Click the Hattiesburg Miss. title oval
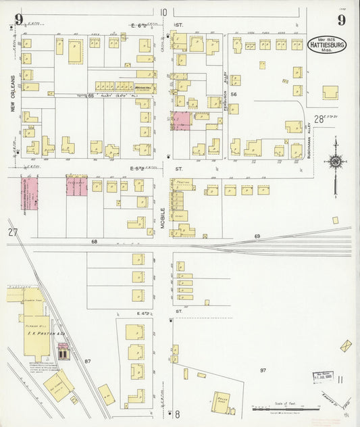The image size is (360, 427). coord(328,44)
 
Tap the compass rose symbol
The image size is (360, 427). coord(335,160)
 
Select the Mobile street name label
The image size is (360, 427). coord(163,219)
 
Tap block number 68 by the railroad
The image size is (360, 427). coord(95,241)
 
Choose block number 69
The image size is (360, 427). coord(257,236)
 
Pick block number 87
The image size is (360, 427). coord(88,362)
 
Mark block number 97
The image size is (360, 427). coord(263,370)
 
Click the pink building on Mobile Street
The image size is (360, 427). coord(182,121)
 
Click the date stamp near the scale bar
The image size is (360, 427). coord(322,375)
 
